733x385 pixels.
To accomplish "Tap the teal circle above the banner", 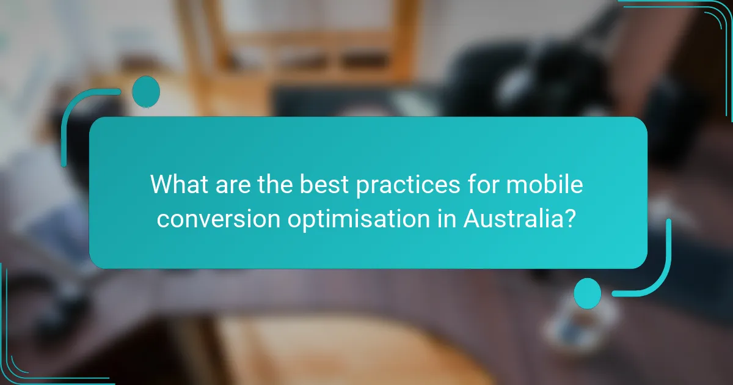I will [145, 92].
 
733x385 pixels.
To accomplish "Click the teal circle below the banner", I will [588, 293].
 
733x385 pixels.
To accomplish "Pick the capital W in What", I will [161, 184].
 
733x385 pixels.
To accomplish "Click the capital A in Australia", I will [472, 218].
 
